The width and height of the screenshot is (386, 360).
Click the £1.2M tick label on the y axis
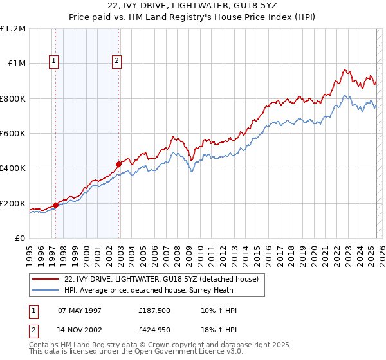[13, 29]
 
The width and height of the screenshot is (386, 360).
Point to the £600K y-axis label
[13, 134]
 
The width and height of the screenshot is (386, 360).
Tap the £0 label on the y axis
[21, 239]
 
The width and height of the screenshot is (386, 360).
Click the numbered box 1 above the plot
[53, 62]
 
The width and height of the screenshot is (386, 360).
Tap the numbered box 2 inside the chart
[116, 62]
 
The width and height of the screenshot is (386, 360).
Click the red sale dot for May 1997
[55, 206]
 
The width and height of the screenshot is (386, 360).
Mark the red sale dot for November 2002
[119, 164]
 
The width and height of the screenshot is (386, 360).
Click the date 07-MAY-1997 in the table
[80, 310]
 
